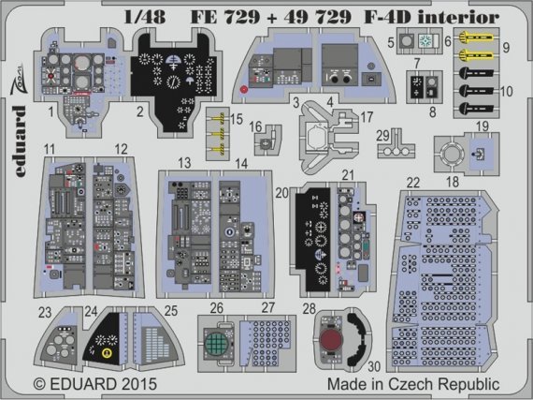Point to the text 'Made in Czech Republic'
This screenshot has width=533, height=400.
click(x=419, y=384)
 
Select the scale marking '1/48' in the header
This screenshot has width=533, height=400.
click(x=126, y=16)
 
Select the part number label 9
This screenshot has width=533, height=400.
click(x=506, y=46)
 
